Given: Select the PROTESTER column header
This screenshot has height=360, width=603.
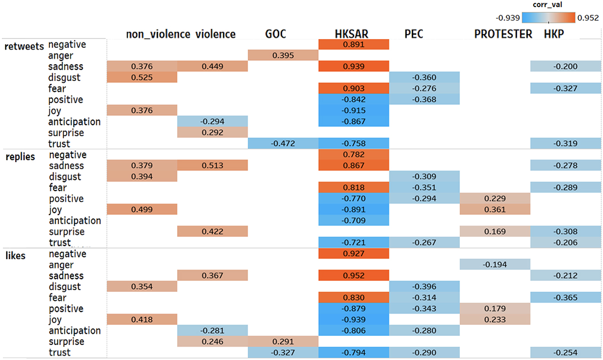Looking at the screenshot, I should (x=503, y=34).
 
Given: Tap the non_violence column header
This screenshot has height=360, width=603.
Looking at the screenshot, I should (x=158, y=34).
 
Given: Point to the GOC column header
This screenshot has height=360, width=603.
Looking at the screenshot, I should (x=276, y=34).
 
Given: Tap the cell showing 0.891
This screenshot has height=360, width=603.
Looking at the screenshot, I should (x=354, y=44).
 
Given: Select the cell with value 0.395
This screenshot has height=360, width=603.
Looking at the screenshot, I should (x=283, y=55).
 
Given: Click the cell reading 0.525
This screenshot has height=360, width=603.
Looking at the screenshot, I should (x=142, y=78).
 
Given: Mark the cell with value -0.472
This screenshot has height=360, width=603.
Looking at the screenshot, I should (x=283, y=144).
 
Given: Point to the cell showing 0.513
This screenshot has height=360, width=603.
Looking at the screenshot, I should (x=212, y=166).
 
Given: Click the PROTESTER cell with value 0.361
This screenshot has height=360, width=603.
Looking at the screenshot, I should (x=495, y=210).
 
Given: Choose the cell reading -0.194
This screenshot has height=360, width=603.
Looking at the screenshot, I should (x=495, y=265).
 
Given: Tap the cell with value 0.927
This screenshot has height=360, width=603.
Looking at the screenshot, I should (x=354, y=254).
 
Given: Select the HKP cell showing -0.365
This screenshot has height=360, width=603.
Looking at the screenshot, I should (x=566, y=298).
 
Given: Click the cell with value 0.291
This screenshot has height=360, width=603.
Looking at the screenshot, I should (x=283, y=342).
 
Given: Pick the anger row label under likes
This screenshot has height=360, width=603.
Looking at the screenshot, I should (x=60, y=265).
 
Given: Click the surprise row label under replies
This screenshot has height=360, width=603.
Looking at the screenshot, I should (x=66, y=232).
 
